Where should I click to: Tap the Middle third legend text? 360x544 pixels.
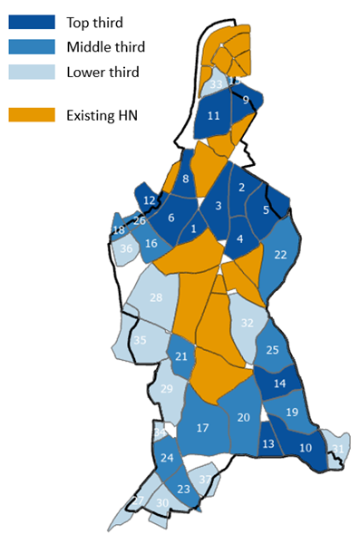(105, 46)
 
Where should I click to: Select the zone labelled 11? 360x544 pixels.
(213, 116)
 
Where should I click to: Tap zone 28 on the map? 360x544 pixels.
(156, 297)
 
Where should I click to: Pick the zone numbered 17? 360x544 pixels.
(203, 427)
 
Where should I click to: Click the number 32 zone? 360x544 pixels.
(247, 322)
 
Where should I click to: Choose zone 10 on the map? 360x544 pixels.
(306, 447)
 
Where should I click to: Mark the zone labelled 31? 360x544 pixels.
(337, 449)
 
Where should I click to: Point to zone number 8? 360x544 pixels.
(185, 180)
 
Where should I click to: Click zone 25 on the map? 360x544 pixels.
(273, 350)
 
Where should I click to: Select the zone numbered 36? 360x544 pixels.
(127, 248)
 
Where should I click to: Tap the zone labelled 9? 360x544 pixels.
(244, 100)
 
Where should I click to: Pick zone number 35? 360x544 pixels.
(140, 340)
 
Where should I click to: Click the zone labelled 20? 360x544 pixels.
(243, 417)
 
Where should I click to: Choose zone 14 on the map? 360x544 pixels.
(279, 383)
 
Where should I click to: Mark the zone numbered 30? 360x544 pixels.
(162, 503)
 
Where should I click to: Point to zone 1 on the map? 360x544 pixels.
(192, 229)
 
